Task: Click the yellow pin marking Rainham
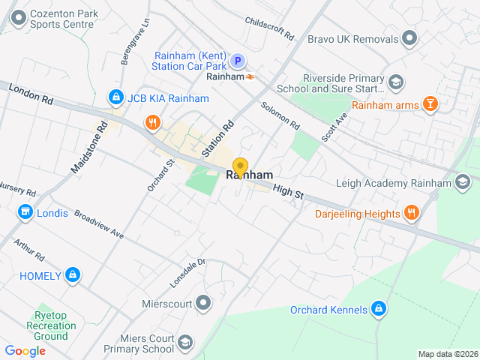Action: tap(240, 166)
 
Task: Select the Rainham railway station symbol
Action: tap(250, 76)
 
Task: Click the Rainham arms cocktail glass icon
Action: tap(430, 104)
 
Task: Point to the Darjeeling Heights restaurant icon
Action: tap(411, 214)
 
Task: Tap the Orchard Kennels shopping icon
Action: tap(379, 309)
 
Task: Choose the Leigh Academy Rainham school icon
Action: tap(463, 182)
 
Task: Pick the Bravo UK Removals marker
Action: tap(409, 37)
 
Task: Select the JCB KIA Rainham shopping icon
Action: tap(115, 97)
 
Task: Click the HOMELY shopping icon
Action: tap(72, 275)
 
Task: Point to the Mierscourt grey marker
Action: tap(202, 304)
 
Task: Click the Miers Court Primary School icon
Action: tap(185, 343)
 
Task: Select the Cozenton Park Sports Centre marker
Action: tap(16, 17)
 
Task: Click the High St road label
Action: tap(288, 193)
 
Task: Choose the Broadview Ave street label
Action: tap(99, 223)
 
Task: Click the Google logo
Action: tap(25, 350)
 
